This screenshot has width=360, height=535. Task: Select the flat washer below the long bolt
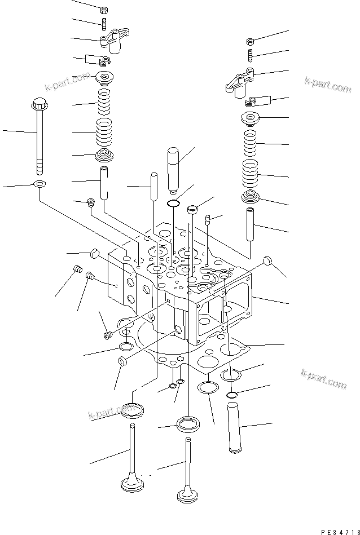40,184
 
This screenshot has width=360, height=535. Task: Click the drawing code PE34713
340,532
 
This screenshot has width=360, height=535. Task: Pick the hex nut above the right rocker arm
250,42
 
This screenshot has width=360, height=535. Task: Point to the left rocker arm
115,40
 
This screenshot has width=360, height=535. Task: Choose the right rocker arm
240,82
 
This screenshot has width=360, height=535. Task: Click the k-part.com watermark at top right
327,85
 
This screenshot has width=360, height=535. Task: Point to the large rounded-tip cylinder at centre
173,168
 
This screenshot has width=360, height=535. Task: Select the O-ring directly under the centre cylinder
173,204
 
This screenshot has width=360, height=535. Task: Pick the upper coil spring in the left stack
104,102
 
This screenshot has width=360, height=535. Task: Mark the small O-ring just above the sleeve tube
232,395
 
